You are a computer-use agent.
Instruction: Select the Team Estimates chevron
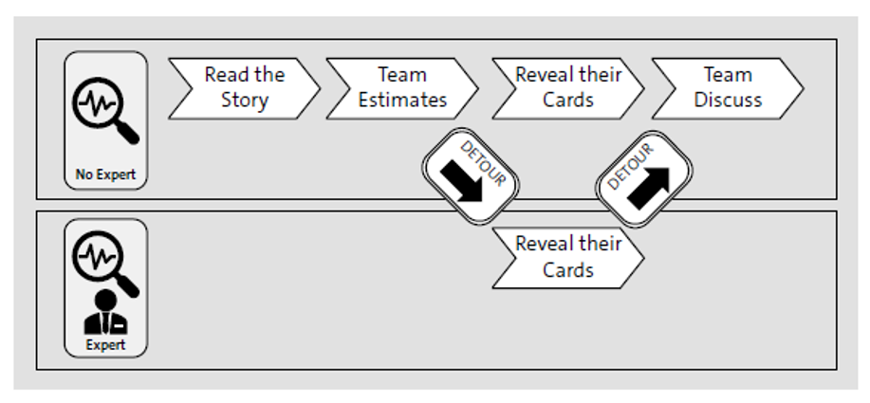point(402,88)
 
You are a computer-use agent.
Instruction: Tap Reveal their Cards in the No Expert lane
point(567,88)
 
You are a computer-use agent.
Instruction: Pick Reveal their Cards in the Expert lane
point(567,257)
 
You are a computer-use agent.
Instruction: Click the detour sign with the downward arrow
point(470,175)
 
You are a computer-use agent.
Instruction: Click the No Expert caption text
point(105,174)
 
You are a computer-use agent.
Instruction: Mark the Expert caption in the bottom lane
point(105,345)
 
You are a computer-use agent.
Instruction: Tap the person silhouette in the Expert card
point(105,314)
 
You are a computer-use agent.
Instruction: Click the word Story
point(245,101)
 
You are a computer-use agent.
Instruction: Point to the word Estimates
point(402,101)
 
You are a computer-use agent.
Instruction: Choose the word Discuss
point(728,101)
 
